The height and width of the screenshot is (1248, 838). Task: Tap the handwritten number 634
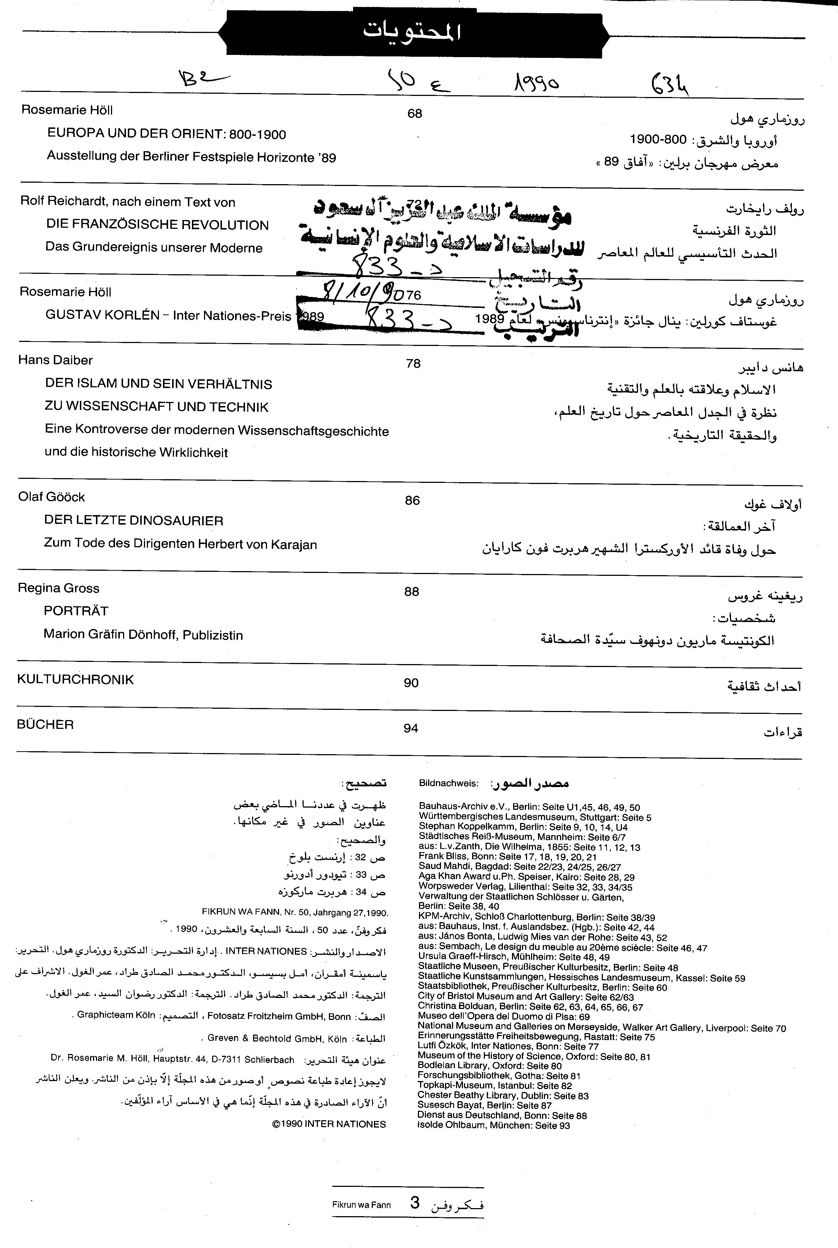pyautogui.click(x=670, y=84)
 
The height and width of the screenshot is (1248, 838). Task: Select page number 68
pyautogui.click(x=415, y=113)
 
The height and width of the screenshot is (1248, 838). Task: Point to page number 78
pyautogui.click(x=413, y=363)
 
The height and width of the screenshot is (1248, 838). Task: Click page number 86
pyautogui.click(x=412, y=500)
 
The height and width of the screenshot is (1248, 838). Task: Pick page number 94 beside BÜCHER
pyautogui.click(x=411, y=728)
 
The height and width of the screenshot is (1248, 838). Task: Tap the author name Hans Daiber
pyautogui.click(x=56, y=360)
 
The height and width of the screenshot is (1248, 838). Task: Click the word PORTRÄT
pyautogui.click(x=76, y=611)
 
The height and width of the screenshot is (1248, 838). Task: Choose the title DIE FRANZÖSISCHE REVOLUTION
pyautogui.click(x=157, y=225)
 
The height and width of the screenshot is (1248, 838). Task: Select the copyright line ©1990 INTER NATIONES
pyautogui.click(x=329, y=1124)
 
